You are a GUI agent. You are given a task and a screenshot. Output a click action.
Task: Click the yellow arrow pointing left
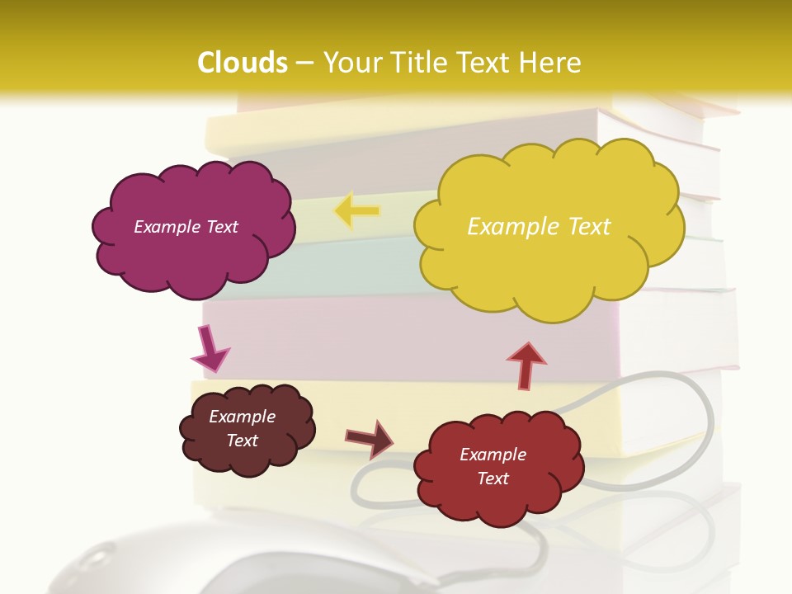point(356,210)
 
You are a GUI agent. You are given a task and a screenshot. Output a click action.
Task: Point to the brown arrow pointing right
point(370,438)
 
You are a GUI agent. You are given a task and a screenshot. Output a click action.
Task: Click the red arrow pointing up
point(526,364)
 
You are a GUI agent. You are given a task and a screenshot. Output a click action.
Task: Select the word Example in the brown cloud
point(242,417)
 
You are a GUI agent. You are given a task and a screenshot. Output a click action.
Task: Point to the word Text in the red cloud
point(493,478)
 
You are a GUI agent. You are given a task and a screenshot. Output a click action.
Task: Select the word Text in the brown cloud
point(242,441)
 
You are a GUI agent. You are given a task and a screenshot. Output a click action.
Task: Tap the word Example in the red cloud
point(493,455)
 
